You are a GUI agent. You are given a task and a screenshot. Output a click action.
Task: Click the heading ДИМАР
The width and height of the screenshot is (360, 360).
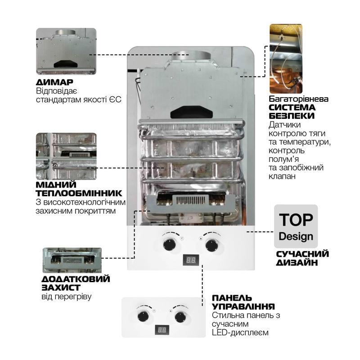tap(54, 83)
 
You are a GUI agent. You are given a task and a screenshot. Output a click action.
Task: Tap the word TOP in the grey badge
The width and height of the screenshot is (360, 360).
tap(296, 220)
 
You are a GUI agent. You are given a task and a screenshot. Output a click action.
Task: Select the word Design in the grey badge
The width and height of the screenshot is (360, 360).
tap(296, 236)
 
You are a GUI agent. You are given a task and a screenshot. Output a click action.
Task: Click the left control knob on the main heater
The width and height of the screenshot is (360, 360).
tap(170, 245)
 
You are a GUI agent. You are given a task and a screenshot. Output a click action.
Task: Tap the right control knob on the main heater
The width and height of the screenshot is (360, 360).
tap(211, 245)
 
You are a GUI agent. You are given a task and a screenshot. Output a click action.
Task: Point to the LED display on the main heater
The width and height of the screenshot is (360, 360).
tap(191, 260)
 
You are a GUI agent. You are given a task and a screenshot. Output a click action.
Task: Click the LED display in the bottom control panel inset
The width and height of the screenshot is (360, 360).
tap(164, 329)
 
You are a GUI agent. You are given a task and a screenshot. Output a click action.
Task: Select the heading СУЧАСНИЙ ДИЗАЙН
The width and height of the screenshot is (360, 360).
tap(303, 258)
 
